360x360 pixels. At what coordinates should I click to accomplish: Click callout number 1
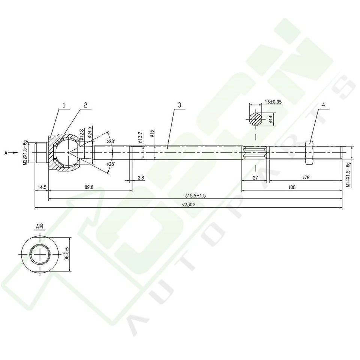[64, 106]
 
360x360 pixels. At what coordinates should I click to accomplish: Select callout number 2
[85, 106]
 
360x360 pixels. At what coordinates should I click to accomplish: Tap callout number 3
[179, 106]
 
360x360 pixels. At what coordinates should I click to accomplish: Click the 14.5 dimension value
[42, 187]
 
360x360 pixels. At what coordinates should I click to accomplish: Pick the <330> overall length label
[188, 205]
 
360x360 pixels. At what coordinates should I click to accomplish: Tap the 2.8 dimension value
[141, 178]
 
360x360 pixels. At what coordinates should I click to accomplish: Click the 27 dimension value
[255, 178]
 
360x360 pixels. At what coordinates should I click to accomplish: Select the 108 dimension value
[292, 187]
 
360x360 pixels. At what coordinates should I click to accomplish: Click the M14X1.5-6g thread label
[348, 175]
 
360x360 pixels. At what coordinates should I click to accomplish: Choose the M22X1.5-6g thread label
[25, 152]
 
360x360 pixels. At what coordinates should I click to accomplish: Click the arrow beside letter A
[12, 153]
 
